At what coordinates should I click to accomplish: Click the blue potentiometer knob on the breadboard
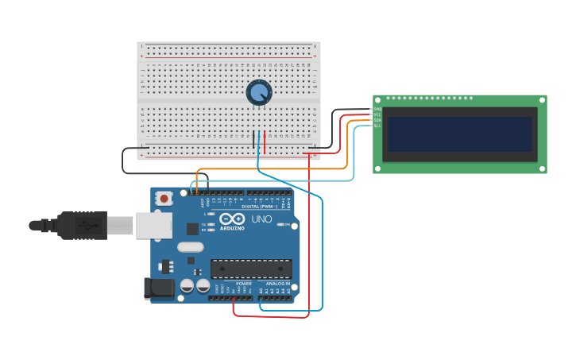[259, 93]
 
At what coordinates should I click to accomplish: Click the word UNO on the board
[261, 219]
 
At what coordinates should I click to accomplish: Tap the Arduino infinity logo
[232, 219]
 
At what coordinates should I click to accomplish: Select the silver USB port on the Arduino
[153, 225]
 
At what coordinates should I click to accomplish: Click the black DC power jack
[159, 288]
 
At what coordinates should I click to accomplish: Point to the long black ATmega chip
[250, 269]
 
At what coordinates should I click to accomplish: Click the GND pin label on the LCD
[377, 109]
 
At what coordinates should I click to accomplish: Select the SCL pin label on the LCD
[377, 126]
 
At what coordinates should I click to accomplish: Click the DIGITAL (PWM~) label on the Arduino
[257, 207]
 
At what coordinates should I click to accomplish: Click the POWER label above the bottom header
[243, 283]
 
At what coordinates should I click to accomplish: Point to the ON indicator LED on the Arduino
[280, 224]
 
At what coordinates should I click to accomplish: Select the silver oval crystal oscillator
[191, 247]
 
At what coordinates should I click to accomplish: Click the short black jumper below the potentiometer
[253, 140]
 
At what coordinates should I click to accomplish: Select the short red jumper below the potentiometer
[265, 141]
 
